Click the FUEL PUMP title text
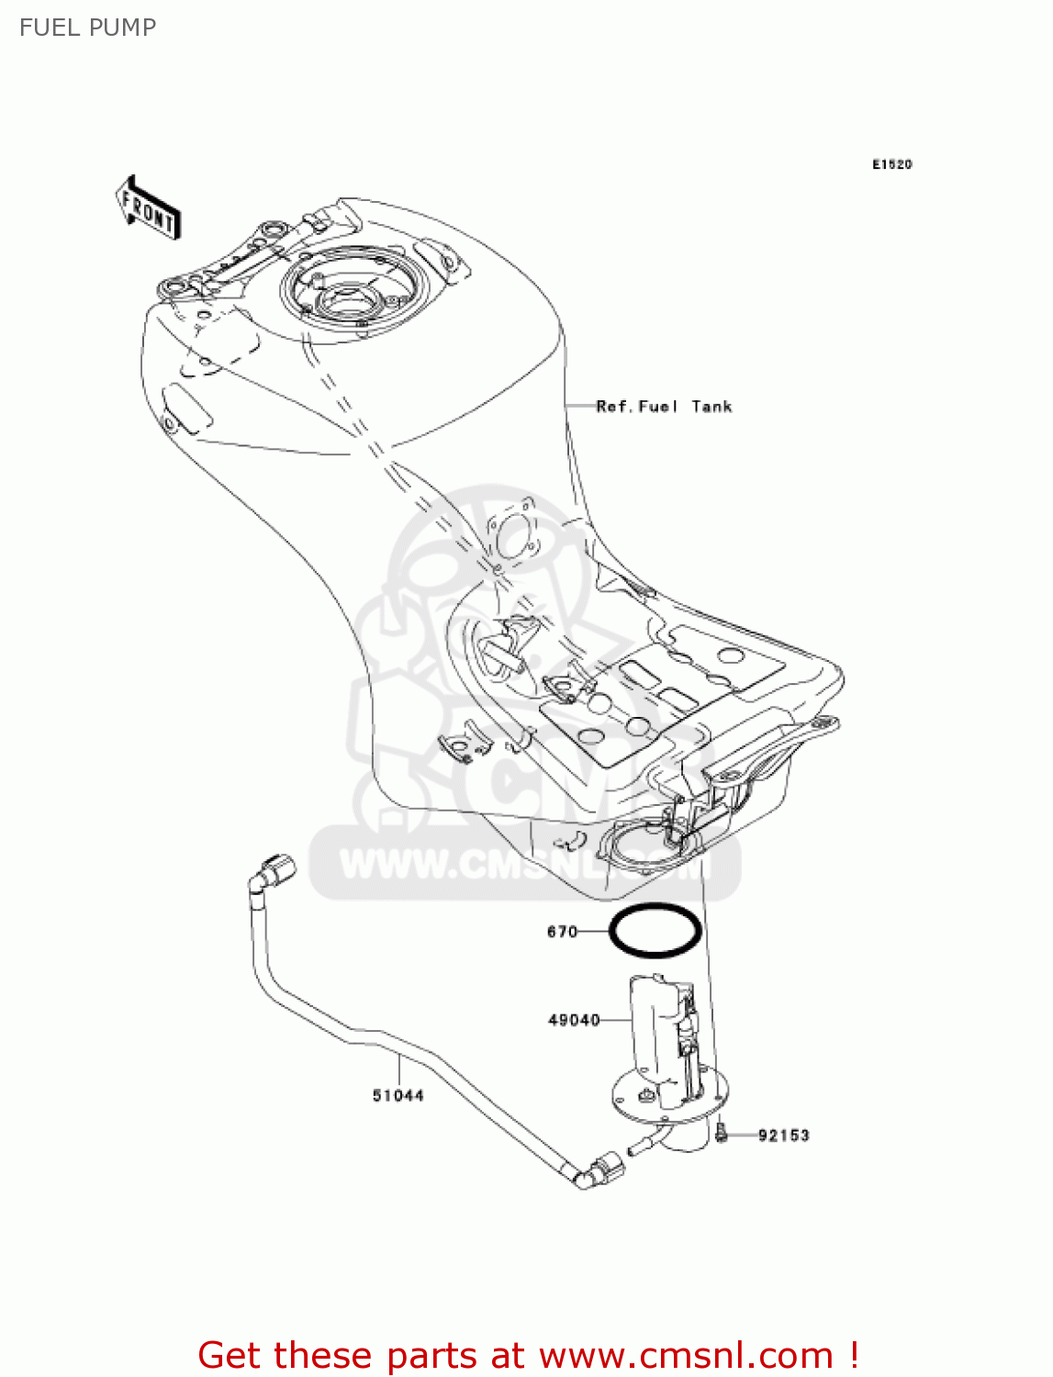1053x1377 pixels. pyautogui.click(x=87, y=28)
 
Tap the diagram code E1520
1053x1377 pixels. pyautogui.click(x=891, y=164)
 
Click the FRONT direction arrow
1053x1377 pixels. pyautogui.click(x=148, y=208)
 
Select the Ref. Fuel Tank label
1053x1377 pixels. pyautogui.click(x=664, y=407)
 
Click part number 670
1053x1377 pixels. pyautogui.click(x=562, y=932)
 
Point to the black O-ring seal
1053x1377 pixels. pyautogui.click(x=655, y=931)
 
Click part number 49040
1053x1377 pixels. pyautogui.click(x=574, y=1020)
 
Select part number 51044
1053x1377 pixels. pyautogui.click(x=398, y=1095)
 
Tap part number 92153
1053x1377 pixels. pyautogui.click(x=783, y=1136)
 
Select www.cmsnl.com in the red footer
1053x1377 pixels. pyautogui.click(x=685, y=1355)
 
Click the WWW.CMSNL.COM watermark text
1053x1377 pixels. pyautogui.click(x=523, y=864)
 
